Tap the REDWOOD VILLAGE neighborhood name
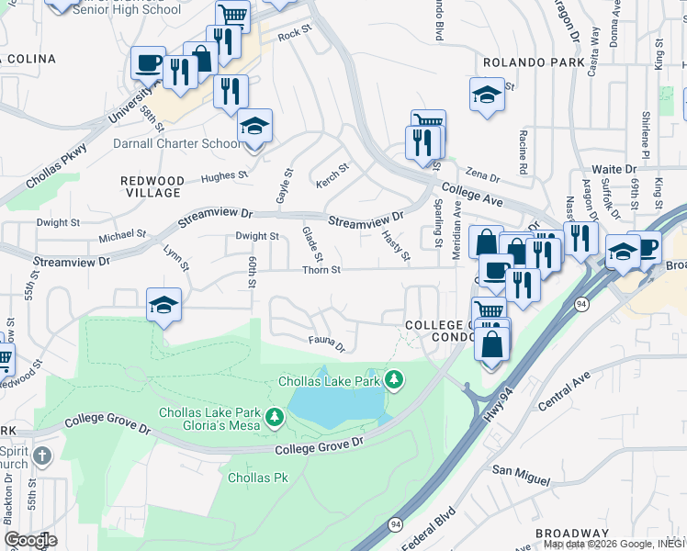coord(152,186)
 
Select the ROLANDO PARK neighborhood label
coord(532,62)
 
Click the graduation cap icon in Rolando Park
coord(487,94)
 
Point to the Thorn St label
coord(322,270)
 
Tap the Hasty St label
coord(396,245)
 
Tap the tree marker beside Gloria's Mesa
coord(274,419)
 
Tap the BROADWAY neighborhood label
coord(573,533)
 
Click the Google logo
coord(30,539)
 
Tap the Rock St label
coord(290,34)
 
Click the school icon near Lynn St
coord(163,305)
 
